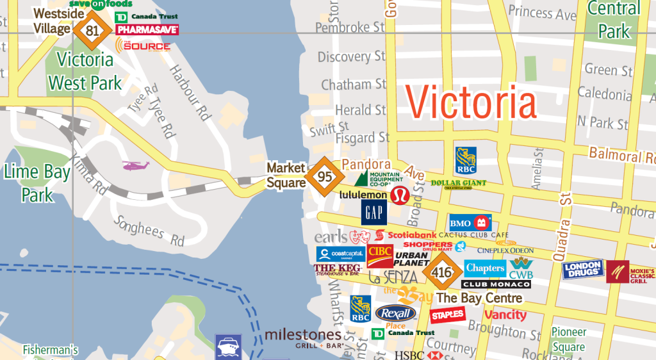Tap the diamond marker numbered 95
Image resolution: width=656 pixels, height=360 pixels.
[323, 175]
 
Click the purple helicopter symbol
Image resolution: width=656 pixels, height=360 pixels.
[136, 166]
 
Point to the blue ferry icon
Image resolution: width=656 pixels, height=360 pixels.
[229, 347]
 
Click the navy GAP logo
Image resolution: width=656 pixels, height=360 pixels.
[373, 212]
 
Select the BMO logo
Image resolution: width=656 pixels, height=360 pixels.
[470, 223]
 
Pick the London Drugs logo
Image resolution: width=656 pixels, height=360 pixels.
[583, 270]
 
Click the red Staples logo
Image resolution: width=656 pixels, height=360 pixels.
[447, 315]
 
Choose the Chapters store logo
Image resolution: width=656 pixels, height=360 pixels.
[485, 268]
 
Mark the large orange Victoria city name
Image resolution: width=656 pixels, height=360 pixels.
[471, 102]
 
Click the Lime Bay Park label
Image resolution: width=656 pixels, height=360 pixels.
[37, 183]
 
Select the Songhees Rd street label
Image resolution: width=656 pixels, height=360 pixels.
[149, 231]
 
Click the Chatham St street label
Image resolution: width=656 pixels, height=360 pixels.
[354, 85]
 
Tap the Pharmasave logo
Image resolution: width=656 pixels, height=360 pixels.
[147, 29]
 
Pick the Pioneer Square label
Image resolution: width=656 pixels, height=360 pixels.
[568, 340]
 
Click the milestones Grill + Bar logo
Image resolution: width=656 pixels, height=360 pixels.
[303, 338]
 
